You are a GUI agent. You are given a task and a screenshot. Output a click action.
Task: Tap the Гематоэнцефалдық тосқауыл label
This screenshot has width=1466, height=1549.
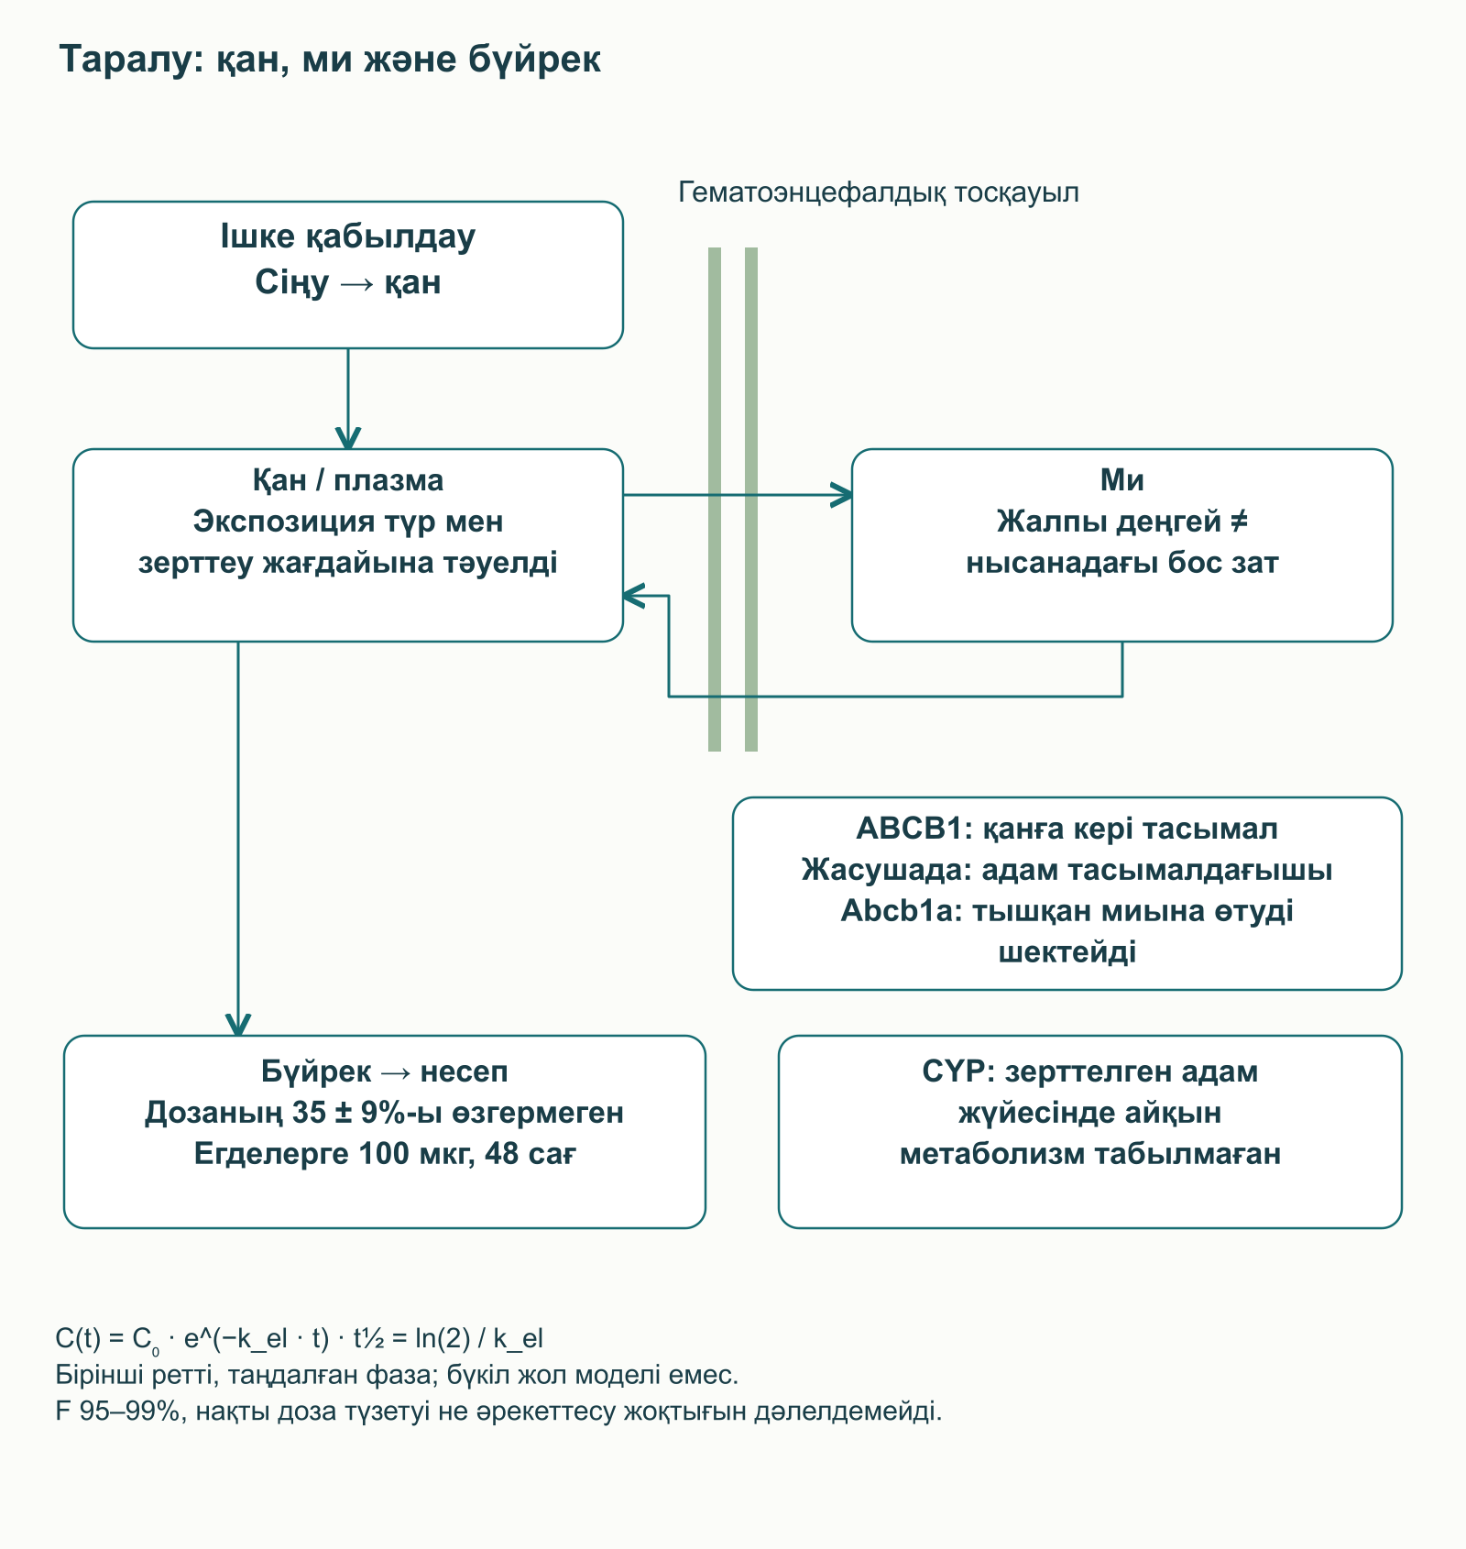pos(879,192)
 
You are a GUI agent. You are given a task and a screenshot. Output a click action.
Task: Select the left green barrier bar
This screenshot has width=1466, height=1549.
pos(715,500)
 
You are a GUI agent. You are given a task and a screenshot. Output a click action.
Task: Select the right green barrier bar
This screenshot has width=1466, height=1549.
pos(751,500)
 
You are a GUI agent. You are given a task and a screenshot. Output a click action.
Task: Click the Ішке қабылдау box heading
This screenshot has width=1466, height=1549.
pos(348,236)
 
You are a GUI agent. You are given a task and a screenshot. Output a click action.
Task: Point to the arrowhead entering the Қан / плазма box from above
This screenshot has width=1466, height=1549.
pos(348,438)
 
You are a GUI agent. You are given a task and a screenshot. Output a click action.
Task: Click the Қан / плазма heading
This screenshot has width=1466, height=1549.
pos(348,480)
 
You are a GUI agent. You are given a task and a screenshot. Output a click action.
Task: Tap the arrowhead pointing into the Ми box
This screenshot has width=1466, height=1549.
pos(841,495)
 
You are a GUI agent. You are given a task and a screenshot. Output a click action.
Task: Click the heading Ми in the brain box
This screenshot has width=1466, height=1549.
pos(1122,480)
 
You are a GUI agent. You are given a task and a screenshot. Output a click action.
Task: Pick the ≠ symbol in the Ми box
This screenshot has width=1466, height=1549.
pos(1238,522)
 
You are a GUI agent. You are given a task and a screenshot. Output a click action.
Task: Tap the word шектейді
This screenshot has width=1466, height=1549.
pos(1067,952)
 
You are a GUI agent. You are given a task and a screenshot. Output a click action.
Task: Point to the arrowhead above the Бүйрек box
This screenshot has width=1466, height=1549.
pos(238,1025)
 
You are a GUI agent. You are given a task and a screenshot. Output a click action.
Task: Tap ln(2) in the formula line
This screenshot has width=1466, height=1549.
pos(443,1339)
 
